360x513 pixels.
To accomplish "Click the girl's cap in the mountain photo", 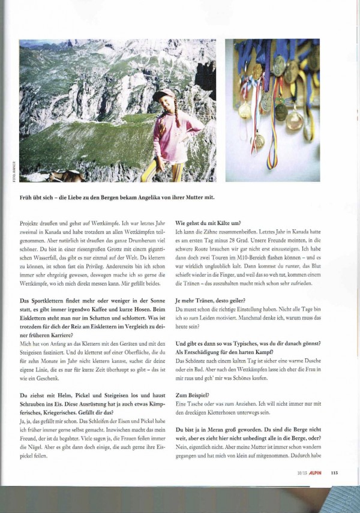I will click(x=163, y=94).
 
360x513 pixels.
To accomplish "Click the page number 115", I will click(x=334, y=472).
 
